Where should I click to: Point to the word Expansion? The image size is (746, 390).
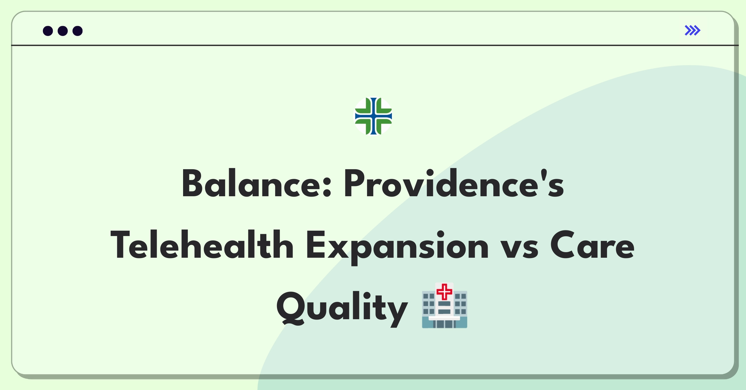[398, 247]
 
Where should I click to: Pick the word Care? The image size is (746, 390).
[592, 245]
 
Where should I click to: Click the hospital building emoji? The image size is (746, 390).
[444, 305]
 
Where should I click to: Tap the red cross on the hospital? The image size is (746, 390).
[444, 292]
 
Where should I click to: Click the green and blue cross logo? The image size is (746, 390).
[373, 116]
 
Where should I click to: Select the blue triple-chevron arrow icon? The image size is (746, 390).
[692, 30]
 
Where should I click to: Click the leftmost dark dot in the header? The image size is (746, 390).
[48, 31]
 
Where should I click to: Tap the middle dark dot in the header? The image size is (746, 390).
[63, 31]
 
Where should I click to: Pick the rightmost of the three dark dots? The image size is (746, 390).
[77, 31]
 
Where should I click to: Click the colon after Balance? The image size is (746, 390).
[327, 187]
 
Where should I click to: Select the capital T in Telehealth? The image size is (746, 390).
[122, 245]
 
